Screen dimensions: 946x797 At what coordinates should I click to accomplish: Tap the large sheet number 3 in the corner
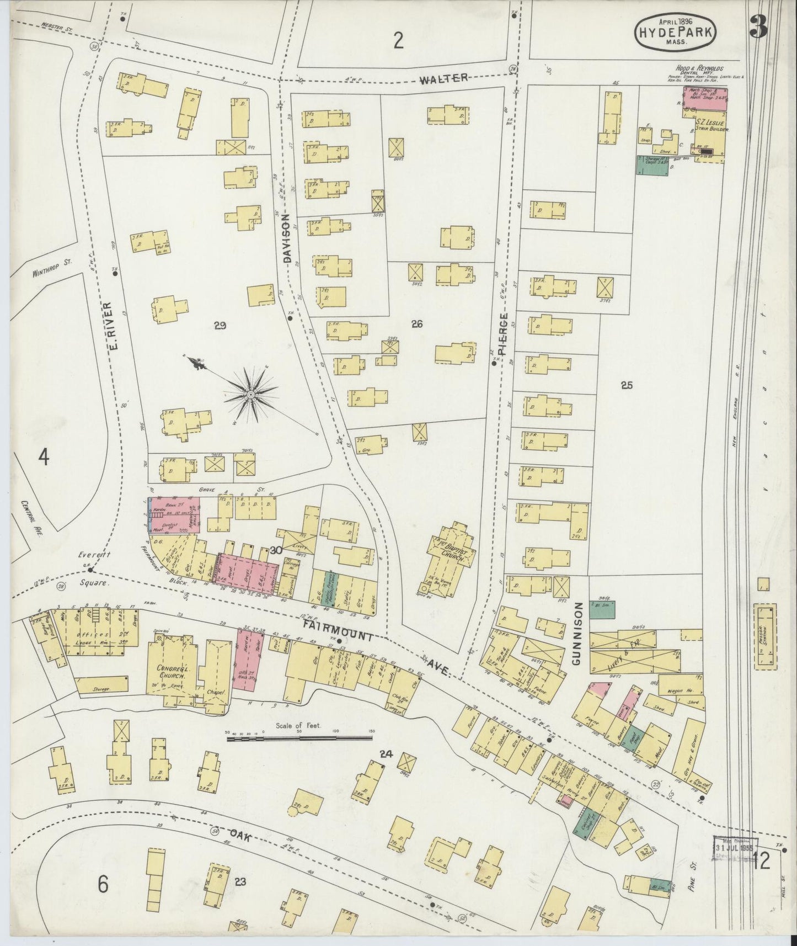point(759,28)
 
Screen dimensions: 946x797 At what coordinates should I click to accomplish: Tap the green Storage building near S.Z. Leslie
point(652,166)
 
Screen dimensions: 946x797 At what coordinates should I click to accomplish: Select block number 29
point(220,326)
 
